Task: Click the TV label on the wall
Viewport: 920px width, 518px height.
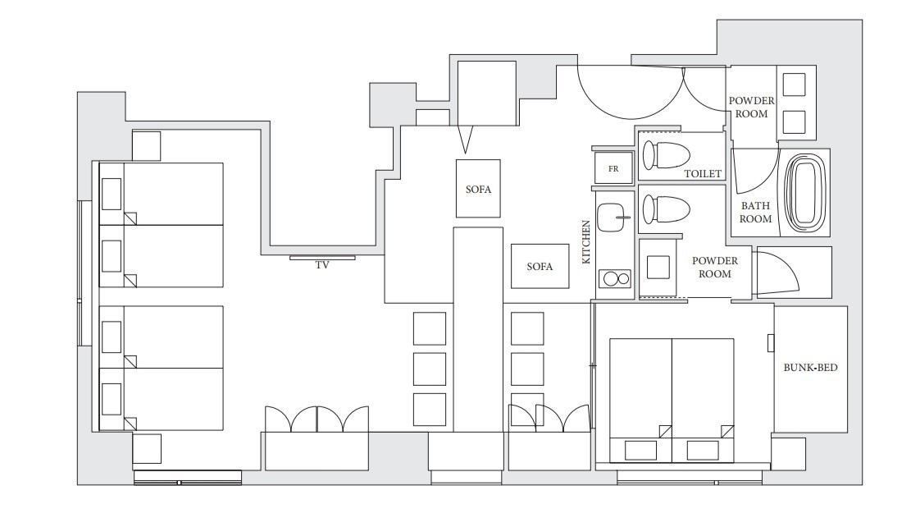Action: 322,265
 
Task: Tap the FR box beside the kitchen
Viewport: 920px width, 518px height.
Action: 613,168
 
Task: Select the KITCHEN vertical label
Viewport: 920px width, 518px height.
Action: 585,242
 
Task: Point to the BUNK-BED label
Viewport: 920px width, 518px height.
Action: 810,368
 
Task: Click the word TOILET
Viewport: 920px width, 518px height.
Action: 703,174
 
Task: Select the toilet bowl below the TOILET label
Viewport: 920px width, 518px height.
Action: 665,209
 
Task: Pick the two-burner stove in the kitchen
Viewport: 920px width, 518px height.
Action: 614,278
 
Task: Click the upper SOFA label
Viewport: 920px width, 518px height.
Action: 478,190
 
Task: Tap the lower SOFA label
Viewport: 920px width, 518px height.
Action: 540,267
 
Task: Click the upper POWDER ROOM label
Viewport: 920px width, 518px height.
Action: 752,108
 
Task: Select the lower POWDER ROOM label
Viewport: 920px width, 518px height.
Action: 715,268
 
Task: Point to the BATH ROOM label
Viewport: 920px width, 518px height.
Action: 755,212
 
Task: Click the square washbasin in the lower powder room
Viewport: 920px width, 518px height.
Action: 658,268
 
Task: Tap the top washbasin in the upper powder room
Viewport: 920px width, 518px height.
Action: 795,85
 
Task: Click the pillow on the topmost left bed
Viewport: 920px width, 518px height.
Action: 112,194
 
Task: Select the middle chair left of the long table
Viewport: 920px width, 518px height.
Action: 430,369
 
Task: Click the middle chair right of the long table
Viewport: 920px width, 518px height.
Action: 527,369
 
